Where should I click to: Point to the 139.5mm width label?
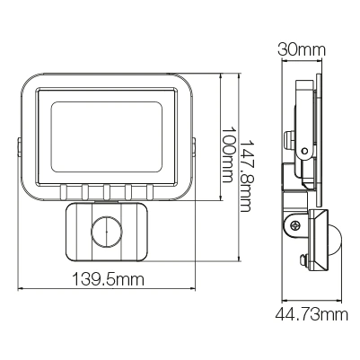pyautogui.click(x=107, y=280)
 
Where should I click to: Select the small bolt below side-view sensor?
pyautogui.click(x=303, y=261)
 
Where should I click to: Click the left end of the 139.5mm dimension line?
pyautogui.click(x=19, y=290)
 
